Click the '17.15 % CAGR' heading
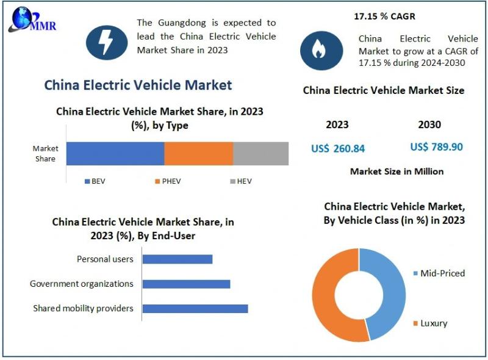(x=385, y=16)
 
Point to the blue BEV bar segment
(x=115, y=154)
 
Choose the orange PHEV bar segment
(x=198, y=154)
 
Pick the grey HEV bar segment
(x=260, y=154)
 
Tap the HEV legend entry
(x=240, y=181)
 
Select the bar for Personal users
(x=177, y=259)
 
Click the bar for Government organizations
(x=186, y=284)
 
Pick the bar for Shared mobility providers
(x=195, y=308)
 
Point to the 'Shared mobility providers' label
(x=83, y=308)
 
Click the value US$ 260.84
(x=338, y=148)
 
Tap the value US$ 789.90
(x=437, y=147)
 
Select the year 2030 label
(x=429, y=124)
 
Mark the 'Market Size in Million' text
(x=396, y=171)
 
